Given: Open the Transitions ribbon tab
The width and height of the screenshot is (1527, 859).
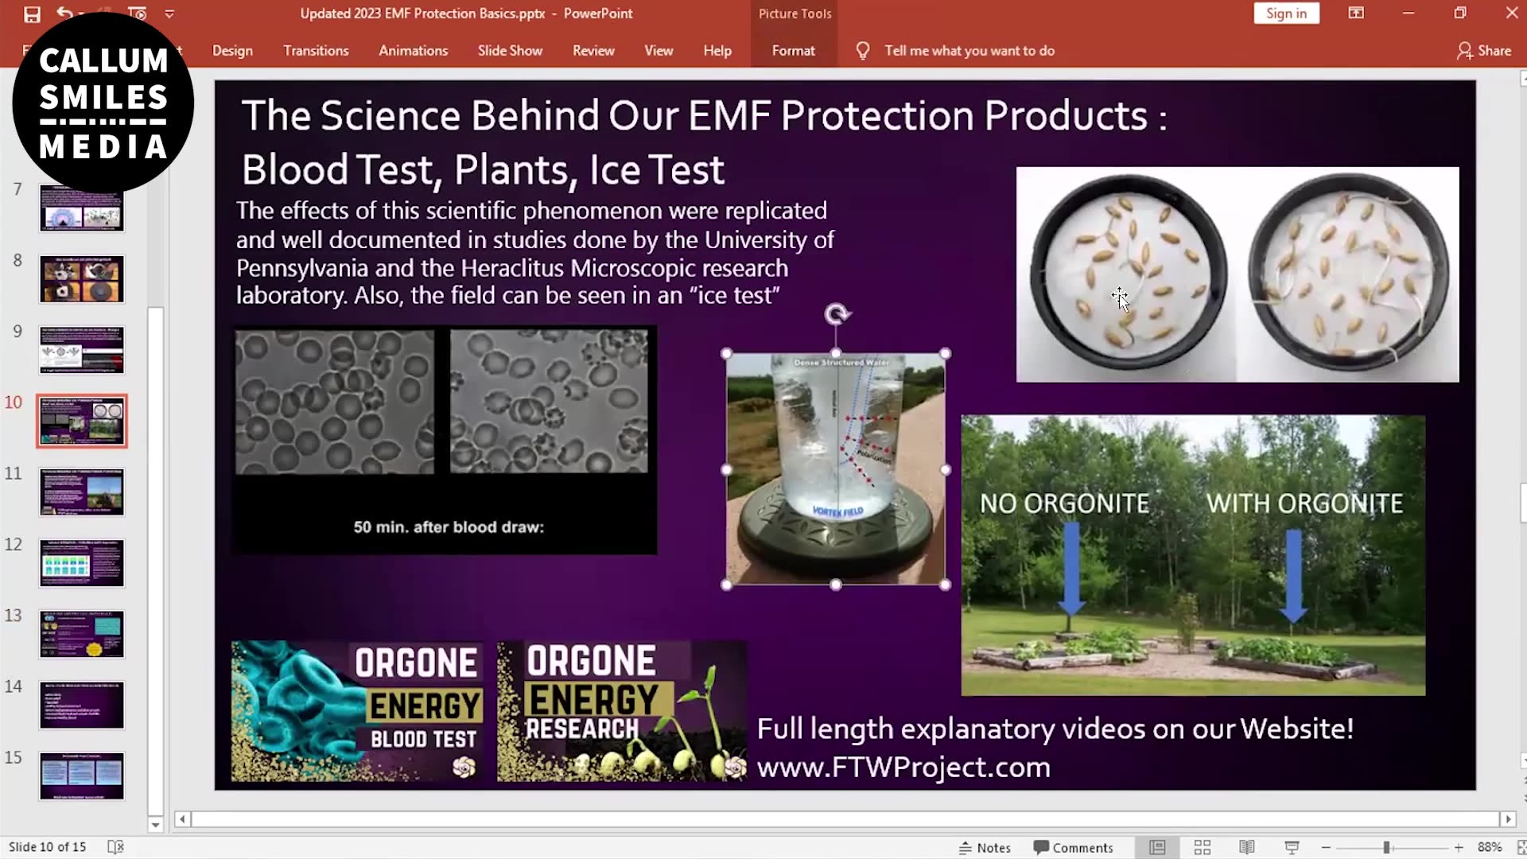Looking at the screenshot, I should tap(316, 50).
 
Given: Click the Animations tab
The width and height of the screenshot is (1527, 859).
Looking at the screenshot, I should tap(413, 50).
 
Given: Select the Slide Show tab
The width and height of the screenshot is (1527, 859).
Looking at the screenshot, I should tap(510, 50).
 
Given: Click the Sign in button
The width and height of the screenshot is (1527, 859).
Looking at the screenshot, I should tap(1286, 14).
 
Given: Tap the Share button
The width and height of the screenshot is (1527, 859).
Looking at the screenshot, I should tap(1484, 50).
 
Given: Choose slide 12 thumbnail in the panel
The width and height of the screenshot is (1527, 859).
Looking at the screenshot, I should tap(82, 563).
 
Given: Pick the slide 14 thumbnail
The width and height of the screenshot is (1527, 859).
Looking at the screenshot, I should tap(82, 705).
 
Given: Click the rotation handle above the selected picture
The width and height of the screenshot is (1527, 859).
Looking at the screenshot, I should tap(836, 314).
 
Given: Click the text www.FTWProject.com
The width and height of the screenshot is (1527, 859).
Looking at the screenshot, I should tap(903, 767).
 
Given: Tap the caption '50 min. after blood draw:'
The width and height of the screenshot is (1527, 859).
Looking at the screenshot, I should tap(449, 527).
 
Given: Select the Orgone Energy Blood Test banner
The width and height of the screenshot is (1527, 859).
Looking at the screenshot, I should tap(357, 710).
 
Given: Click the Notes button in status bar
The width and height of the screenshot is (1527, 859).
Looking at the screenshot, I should tap(985, 848).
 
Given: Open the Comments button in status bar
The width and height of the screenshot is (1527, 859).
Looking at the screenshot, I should tap(1073, 848).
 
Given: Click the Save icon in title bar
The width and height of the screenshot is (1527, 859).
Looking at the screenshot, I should tap(32, 14).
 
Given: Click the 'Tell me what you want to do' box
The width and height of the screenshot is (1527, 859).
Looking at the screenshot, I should tap(969, 50).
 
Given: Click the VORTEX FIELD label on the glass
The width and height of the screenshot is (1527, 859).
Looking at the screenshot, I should tap(837, 511).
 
